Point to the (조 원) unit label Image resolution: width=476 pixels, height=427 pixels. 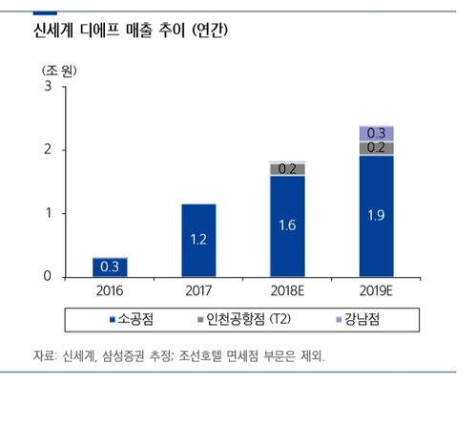58,72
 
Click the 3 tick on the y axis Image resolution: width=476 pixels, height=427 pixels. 48,87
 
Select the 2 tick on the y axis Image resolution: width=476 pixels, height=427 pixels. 48,150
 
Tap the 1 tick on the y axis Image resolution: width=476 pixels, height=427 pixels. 48,214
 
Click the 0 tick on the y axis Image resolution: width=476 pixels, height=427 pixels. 48,277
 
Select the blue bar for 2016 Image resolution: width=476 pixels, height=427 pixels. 111,267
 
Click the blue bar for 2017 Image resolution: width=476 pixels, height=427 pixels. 198,240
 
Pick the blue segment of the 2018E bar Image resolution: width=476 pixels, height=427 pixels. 287,226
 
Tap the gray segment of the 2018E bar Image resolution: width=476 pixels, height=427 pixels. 287,169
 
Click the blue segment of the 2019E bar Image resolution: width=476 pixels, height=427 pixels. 377,216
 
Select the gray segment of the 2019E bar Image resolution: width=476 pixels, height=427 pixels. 377,148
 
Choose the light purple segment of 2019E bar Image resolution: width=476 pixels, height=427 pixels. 377,134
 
